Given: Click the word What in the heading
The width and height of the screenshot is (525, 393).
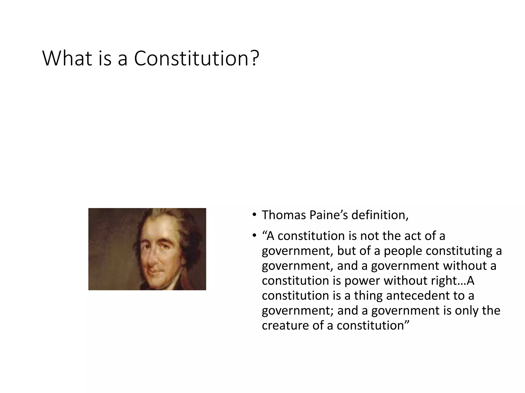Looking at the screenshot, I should pyautogui.click(x=67, y=58).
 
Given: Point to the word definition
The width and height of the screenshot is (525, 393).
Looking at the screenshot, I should pyautogui.click(x=379, y=215).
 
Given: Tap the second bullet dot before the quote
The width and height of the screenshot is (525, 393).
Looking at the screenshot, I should pyautogui.click(x=254, y=235).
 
